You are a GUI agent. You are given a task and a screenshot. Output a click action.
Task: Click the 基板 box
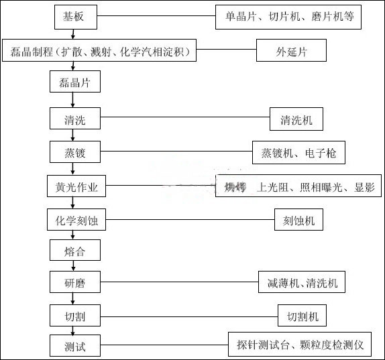pyautogui.click(x=75, y=17)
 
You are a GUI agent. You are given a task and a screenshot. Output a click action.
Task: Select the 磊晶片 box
pyautogui.click(x=75, y=82)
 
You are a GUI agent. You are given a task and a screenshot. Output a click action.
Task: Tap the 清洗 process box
pyautogui.click(x=75, y=120)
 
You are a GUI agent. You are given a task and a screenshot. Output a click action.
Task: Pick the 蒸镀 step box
pyautogui.click(x=75, y=153)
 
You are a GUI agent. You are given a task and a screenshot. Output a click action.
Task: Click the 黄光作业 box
pyautogui.click(x=76, y=187)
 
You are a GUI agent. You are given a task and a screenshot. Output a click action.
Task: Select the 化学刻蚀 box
pyautogui.click(x=76, y=219)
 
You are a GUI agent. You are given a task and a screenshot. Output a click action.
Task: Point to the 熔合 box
pyautogui.click(x=75, y=251)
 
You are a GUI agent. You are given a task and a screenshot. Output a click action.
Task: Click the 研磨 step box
pyautogui.click(x=75, y=282)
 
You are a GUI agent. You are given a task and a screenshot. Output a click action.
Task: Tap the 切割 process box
pyautogui.click(x=75, y=315)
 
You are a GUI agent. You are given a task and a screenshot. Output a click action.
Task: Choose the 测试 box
pyautogui.click(x=75, y=347)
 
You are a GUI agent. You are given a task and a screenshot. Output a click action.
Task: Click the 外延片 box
pyautogui.click(x=292, y=51)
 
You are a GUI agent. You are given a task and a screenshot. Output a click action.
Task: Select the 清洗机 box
pyautogui.click(x=296, y=120)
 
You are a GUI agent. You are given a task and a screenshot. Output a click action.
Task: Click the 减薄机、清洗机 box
pyautogui.click(x=302, y=282)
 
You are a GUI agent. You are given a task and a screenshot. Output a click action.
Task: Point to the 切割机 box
pyautogui.click(x=302, y=315)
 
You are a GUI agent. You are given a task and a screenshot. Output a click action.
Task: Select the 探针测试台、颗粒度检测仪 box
pyautogui.click(x=300, y=345)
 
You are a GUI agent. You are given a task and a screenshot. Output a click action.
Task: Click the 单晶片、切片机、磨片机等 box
pyautogui.click(x=289, y=17)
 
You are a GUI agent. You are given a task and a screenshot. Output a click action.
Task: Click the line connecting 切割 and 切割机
pyautogui.click(x=188, y=315)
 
